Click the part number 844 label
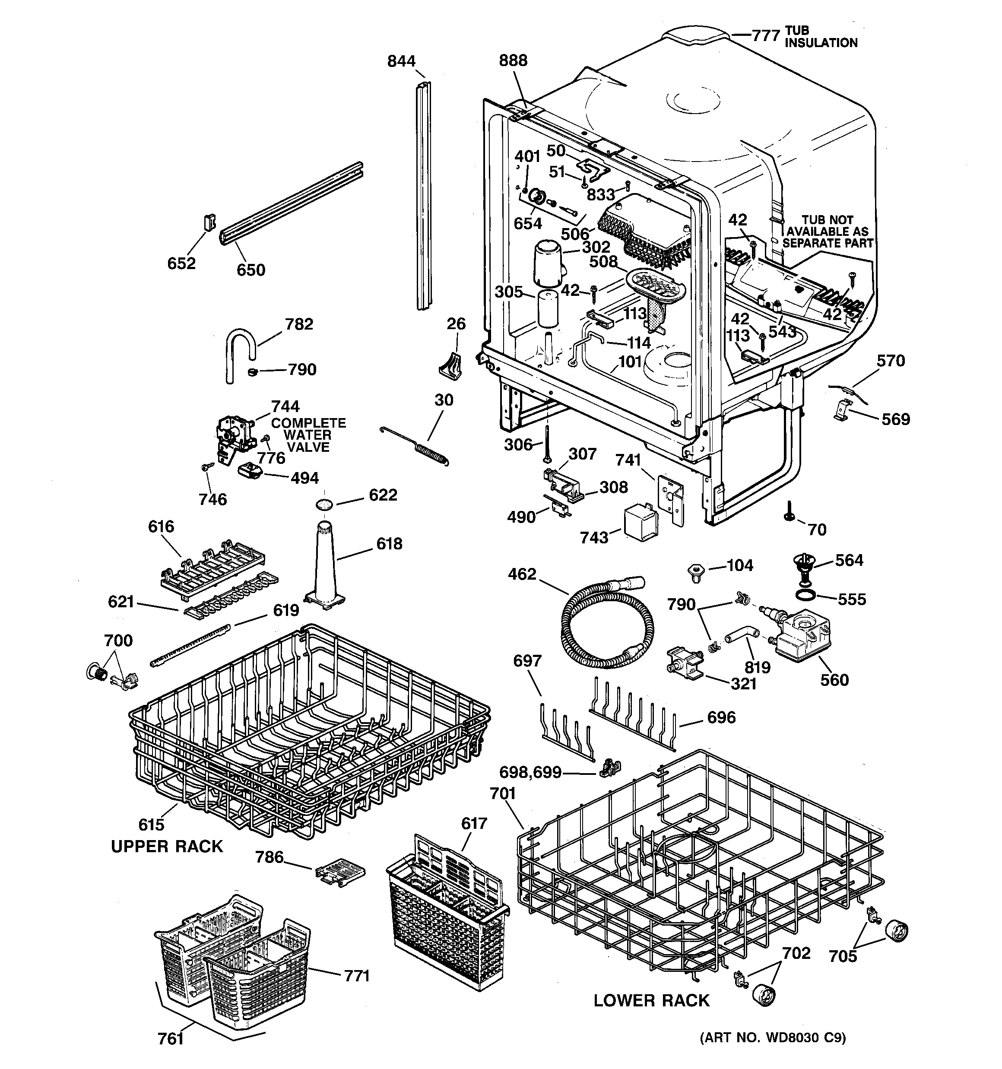[x=401, y=61]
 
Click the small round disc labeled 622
[x=324, y=504]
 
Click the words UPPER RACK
[x=167, y=847]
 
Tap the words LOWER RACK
[x=651, y=1000]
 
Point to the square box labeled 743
[x=641, y=520]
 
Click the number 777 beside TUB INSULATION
[x=765, y=36]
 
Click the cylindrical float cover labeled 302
[x=547, y=262]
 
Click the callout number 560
[x=834, y=680]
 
